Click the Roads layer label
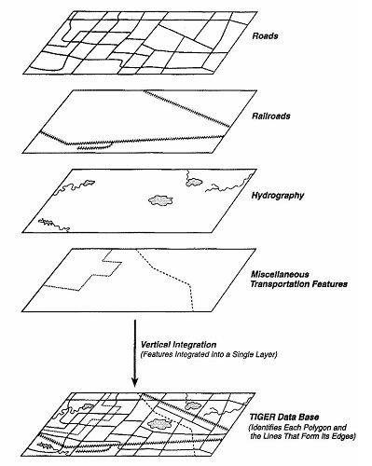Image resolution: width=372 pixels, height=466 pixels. coord(265,36)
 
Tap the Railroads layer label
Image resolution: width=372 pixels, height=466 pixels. coord(271,116)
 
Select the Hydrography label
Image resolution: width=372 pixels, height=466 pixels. coord(278,196)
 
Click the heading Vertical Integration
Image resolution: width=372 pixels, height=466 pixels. coord(178,345)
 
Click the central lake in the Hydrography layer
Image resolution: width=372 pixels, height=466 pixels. coord(160,200)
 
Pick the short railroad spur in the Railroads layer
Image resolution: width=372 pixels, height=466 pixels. coord(94,146)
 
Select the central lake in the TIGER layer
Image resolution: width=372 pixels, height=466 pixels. coord(159,423)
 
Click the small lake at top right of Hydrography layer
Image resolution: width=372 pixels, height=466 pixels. coord(194,182)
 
